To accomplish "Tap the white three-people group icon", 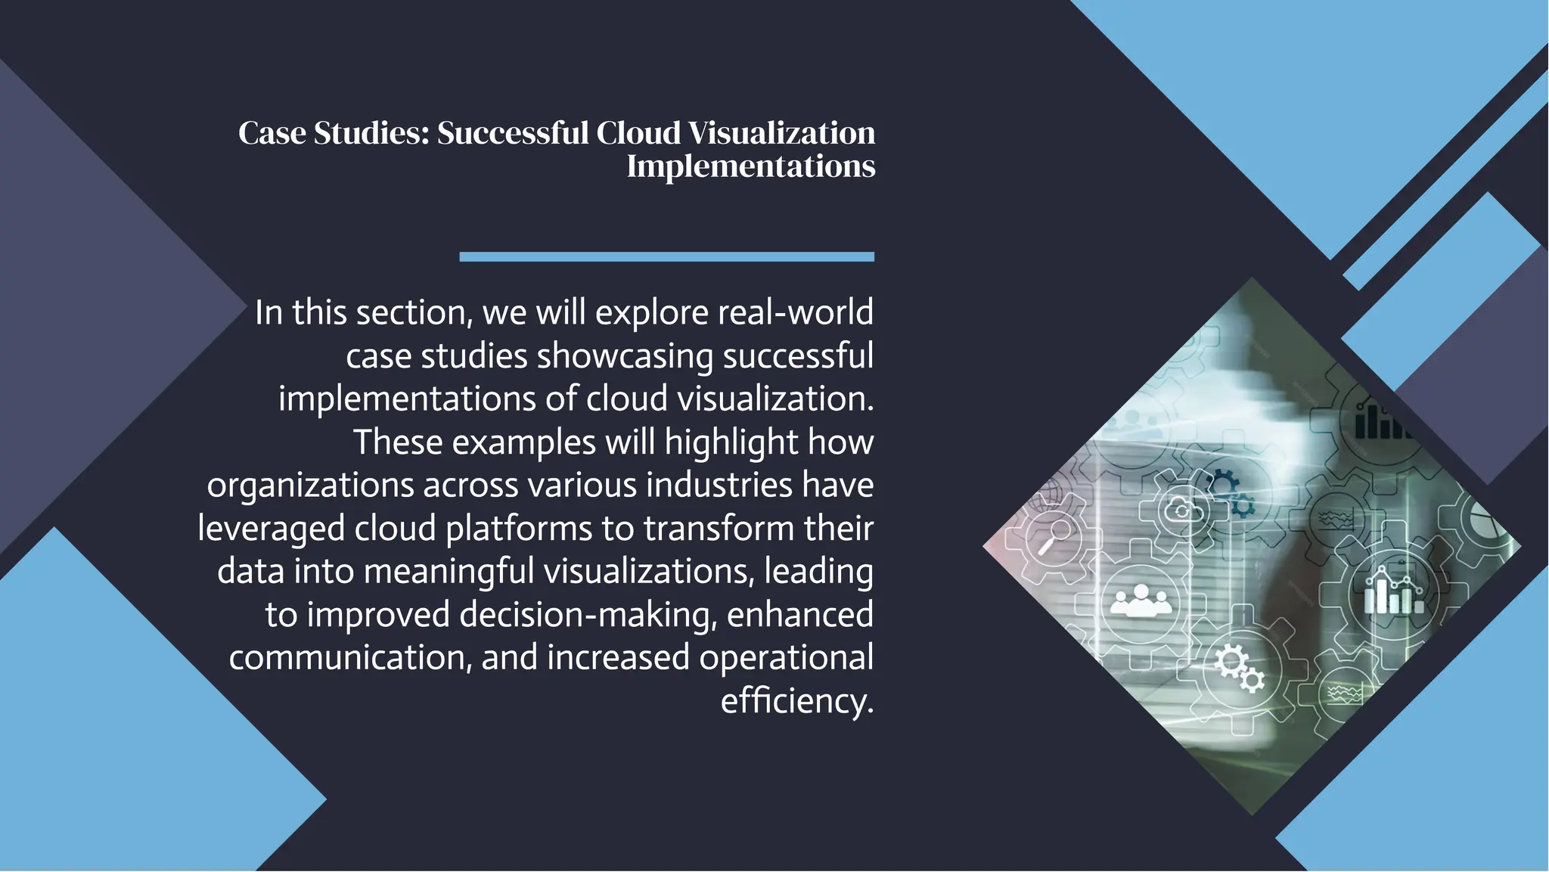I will click(x=1141, y=600).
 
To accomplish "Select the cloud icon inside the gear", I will click(x=1181, y=510).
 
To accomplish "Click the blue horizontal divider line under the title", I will click(x=666, y=257).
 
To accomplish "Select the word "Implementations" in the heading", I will click(x=750, y=166).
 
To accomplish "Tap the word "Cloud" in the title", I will click(x=638, y=133).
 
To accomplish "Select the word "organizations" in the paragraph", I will click(x=310, y=486).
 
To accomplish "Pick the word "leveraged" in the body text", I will click(x=271, y=529).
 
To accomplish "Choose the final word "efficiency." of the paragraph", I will click(x=796, y=701).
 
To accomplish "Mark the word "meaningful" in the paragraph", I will click(x=449, y=572).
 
